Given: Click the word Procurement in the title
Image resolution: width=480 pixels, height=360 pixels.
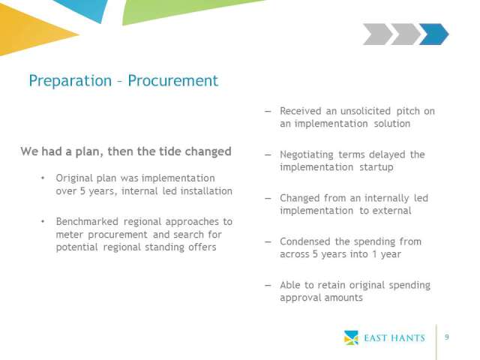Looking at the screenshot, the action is (173, 81).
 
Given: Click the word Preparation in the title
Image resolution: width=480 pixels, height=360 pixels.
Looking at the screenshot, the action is (70, 82).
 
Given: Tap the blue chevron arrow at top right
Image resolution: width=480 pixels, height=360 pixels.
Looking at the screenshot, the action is (433, 34).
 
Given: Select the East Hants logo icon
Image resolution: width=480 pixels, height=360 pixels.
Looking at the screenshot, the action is (351, 337).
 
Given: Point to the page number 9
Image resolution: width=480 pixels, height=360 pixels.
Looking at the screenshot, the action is (447, 337).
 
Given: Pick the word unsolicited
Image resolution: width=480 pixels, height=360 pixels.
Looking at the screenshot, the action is (365, 111).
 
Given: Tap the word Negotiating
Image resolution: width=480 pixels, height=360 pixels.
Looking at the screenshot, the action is (307, 155).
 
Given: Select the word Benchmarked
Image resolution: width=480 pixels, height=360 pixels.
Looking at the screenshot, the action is (87, 221).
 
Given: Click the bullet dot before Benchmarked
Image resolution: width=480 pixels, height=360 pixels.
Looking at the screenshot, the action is (43, 221).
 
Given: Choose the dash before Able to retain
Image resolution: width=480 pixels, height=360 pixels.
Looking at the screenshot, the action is (268, 285).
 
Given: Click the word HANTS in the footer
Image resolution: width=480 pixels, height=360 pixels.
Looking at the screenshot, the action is (408, 338).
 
